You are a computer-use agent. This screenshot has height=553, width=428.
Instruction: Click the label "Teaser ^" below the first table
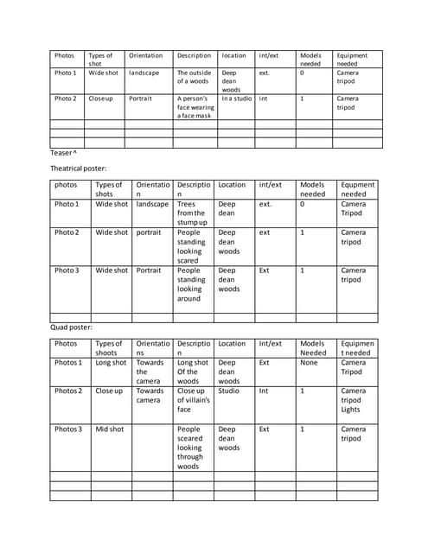coord(65,152)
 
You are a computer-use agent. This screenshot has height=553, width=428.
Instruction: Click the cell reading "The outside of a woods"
coord(193,77)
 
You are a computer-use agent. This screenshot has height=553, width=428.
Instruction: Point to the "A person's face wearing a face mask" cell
coord(194,106)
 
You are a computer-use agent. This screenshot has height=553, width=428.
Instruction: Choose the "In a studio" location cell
coord(236,99)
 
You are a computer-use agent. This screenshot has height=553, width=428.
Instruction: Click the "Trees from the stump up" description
coord(191,213)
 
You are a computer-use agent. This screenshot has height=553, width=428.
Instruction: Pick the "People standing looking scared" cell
coord(191,246)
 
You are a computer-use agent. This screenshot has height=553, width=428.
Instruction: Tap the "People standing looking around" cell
coord(191,284)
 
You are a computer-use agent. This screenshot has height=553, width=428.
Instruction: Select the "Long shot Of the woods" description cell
coord(192,372)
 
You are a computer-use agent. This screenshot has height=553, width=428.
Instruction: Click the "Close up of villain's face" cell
coord(193,400)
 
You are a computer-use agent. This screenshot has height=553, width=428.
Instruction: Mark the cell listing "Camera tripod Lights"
coord(353,400)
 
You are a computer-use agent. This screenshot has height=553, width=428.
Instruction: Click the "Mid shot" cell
coord(110,429)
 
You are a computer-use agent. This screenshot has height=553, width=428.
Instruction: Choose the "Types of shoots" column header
coord(110,347)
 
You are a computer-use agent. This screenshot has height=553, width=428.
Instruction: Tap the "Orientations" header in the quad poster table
coord(152,347)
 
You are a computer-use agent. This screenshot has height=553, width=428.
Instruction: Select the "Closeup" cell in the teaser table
coord(101,99)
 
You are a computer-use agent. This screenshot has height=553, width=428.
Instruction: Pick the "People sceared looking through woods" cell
coord(191,448)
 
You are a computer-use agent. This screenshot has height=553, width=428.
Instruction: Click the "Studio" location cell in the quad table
coord(227,391)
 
